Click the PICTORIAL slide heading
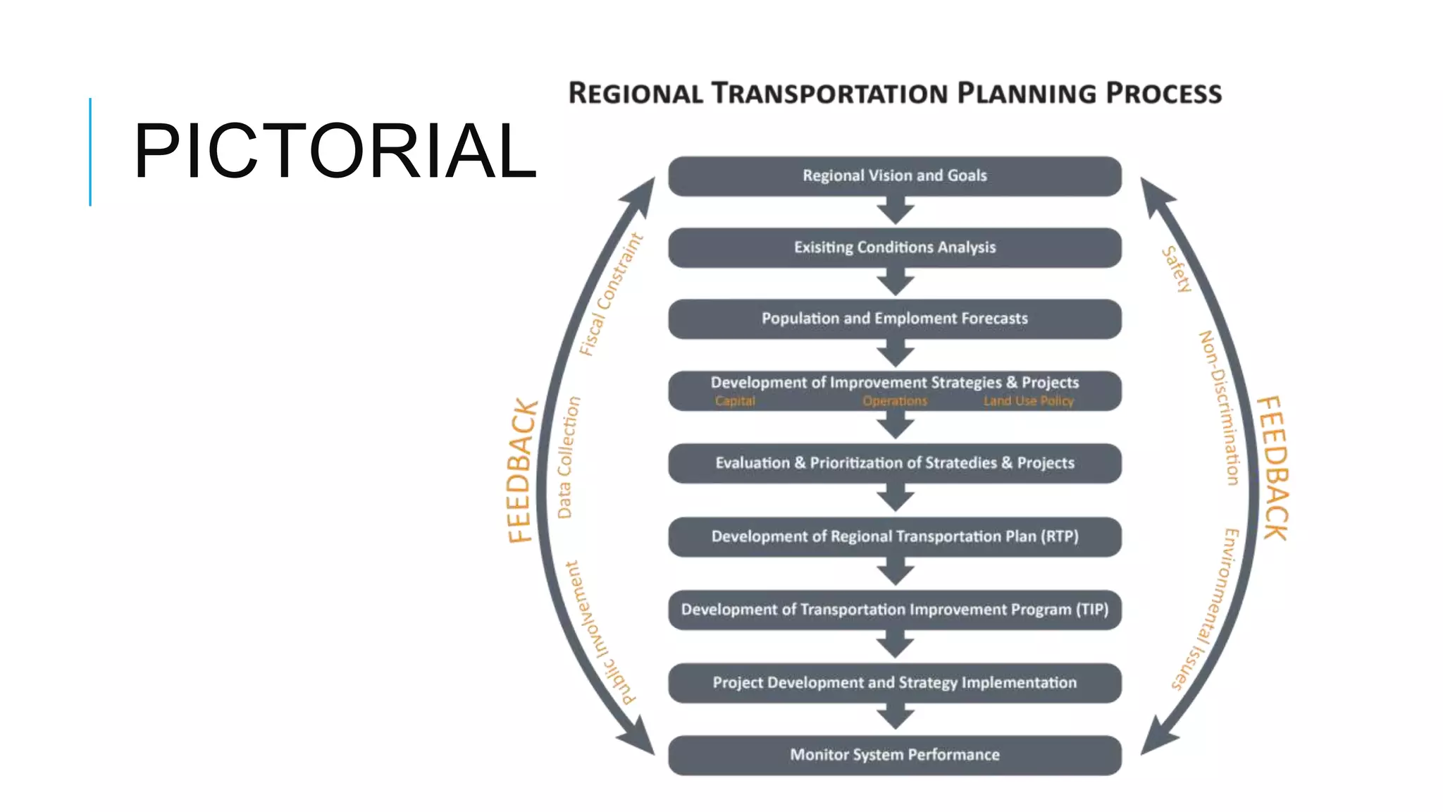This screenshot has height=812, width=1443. [x=335, y=151]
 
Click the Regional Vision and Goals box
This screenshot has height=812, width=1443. [x=894, y=176]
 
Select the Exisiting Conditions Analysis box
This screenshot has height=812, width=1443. [x=894, y=247]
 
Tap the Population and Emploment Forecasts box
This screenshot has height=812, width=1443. [x=894, y=319]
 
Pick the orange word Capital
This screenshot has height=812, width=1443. [x=734, y=401]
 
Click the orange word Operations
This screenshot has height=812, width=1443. [x=895, y=401]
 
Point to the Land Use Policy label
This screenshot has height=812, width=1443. [x=1028, y=401]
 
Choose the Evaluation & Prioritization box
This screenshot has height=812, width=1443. [x=894, y=463]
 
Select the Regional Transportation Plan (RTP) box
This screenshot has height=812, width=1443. [x=894, y=536]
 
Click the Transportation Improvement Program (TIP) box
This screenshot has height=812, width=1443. [x=894, y=610]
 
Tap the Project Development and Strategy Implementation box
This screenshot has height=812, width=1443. [x=894, y=682]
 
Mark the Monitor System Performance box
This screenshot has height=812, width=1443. [x=894, y=755]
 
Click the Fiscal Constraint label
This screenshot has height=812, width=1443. [x=611, y=295]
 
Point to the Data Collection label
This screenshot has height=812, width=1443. [x=568, y=457]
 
